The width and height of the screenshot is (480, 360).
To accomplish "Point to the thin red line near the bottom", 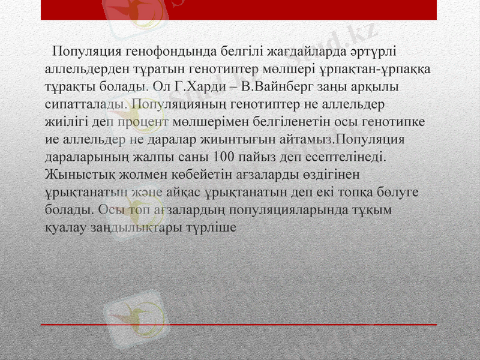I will point(240,325).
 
